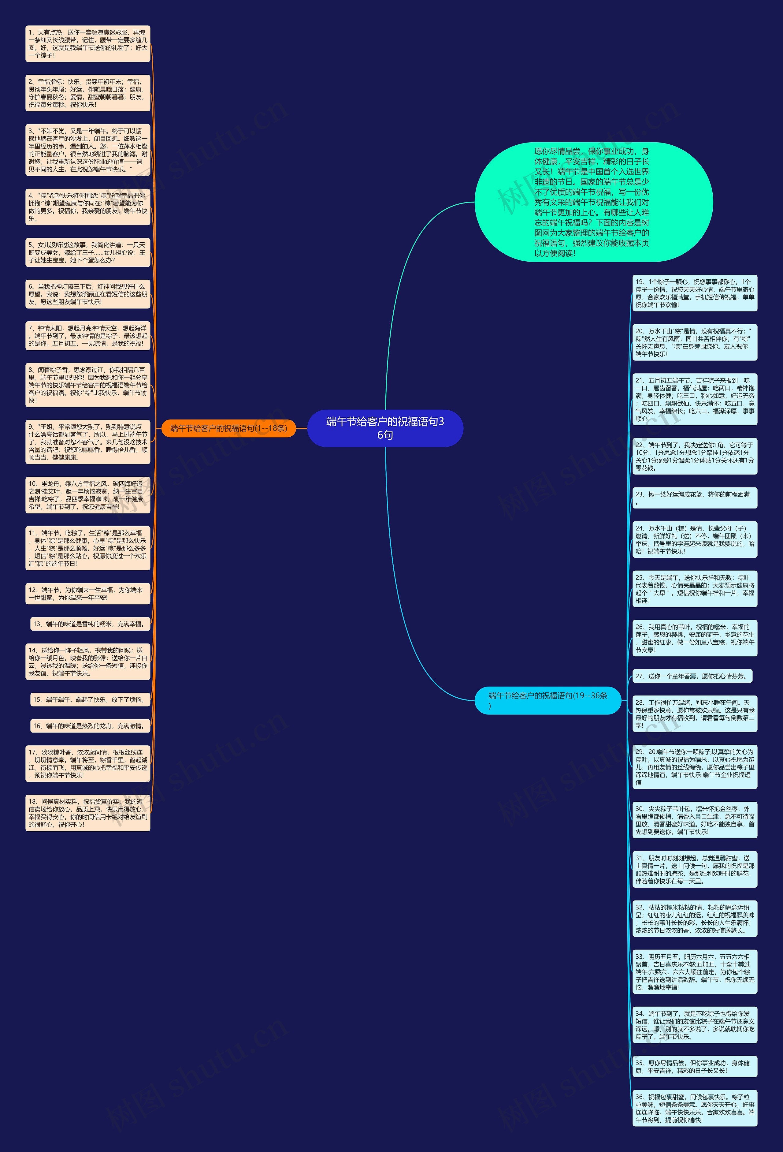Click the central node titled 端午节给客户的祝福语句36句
point(385,428)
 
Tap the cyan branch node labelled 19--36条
point(547,700)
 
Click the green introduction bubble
point(593,202)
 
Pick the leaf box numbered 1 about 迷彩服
point(88,44)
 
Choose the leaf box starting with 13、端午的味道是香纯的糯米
point(90,624)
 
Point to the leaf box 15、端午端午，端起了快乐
point(90,699)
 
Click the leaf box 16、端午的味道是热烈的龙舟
point(90,726)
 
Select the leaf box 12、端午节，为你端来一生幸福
point(88,593)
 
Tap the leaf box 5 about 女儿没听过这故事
point(88,252)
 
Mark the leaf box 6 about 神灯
point(88,294)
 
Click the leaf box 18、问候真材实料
point(88,813)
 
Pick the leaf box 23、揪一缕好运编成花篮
point(694,498)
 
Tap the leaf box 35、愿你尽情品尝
point(694,1066)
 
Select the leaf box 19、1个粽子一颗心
point(694,293)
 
